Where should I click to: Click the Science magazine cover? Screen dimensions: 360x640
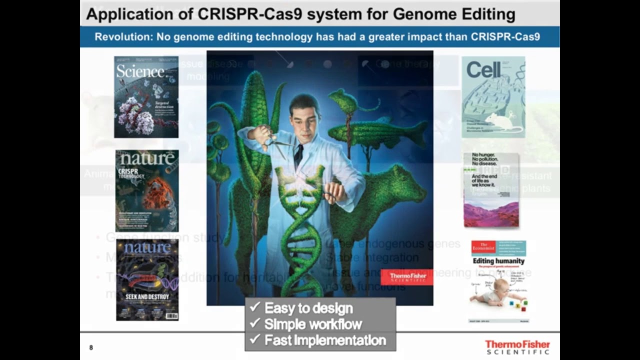pos(146,97)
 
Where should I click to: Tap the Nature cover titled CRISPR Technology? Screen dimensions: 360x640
pos(147,190)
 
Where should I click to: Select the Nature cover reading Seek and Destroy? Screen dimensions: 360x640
pos(147,279)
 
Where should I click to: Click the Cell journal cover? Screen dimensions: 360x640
pos(493,97)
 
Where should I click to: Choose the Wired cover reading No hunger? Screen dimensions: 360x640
pos(491,190)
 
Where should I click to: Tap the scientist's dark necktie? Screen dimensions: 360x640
pos(298,155)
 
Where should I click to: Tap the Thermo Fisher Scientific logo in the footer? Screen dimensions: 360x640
pos(517,347)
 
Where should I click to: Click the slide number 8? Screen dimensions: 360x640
pos(91,347)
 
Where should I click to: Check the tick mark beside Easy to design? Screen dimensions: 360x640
pos(255,307)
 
